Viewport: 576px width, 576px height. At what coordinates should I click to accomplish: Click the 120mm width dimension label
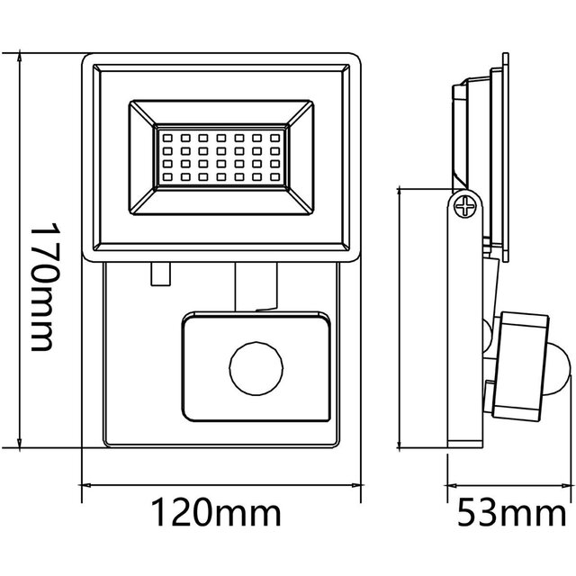tap(215, 516)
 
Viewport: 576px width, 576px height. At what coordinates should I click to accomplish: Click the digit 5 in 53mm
tap(466, 516)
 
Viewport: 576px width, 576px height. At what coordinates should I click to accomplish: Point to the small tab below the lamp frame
tap(160, 272)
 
